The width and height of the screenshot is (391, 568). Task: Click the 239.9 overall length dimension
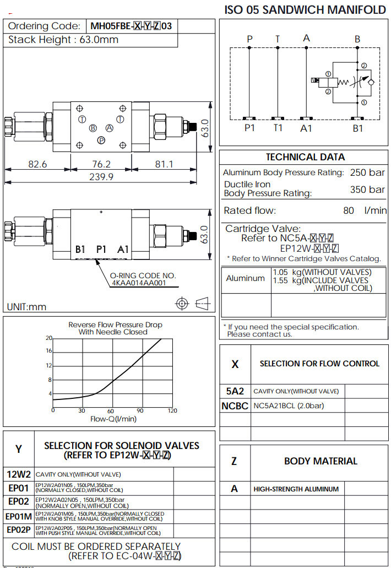point(102,177)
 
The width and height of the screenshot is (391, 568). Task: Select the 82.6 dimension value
point(37,164)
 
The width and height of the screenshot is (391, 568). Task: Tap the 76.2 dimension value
point(101,164)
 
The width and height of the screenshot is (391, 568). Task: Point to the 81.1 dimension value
point(164,164)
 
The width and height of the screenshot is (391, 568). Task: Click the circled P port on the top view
point(101,140)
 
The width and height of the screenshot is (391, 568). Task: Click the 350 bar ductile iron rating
point(367,190)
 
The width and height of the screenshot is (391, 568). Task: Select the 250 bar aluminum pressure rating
point(367,172)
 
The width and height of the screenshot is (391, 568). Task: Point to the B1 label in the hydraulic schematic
point(358,128)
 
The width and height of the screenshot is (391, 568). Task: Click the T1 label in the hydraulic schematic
point(278,128)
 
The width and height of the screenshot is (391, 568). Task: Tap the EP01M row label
point(19,516)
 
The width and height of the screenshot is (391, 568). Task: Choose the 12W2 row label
point(19,474)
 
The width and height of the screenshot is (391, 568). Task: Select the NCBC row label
point(235,406)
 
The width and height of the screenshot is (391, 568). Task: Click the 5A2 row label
point(235,391)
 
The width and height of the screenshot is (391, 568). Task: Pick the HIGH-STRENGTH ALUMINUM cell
point(296,489)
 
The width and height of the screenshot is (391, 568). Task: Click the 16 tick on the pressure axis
point(49,351)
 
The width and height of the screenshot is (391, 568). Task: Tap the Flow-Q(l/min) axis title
point(113,419)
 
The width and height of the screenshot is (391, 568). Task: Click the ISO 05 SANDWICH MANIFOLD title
point(305,9)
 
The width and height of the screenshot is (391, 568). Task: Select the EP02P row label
point(19,529)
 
